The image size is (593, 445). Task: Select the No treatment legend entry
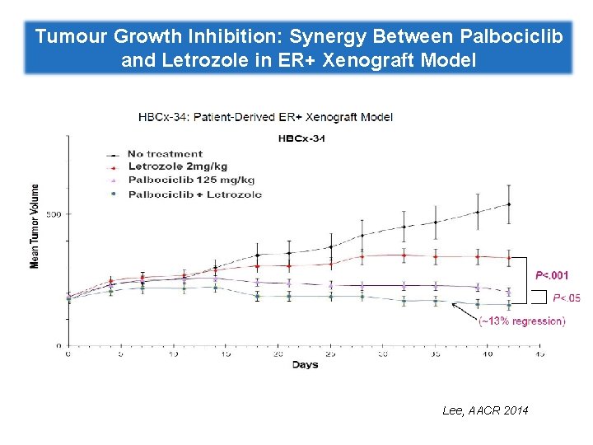click(x=166, y=153)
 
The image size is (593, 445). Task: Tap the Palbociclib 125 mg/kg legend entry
click(x=191, y=180)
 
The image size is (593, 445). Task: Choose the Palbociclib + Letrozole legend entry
click(x=194, y=194)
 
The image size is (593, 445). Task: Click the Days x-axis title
click(x=306, y=364)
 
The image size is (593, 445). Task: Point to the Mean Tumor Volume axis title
click(x=35, y=224)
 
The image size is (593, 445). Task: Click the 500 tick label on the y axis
click(x=54, y=214)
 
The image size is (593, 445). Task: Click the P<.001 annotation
click(x=552, y=274)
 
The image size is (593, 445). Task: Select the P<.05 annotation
click(x=565, y=298)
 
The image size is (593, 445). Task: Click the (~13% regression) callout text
click(x=521, y=321)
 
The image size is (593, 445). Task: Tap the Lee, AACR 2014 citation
click(x=486, y=410)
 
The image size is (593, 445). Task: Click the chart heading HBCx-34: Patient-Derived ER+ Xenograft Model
click(x=265, y=116)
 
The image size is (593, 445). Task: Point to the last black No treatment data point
click(x=509, y=204)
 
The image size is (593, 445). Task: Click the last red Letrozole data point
click(x=509, y=258)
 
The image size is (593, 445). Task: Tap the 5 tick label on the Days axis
click(x=121, y=354)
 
